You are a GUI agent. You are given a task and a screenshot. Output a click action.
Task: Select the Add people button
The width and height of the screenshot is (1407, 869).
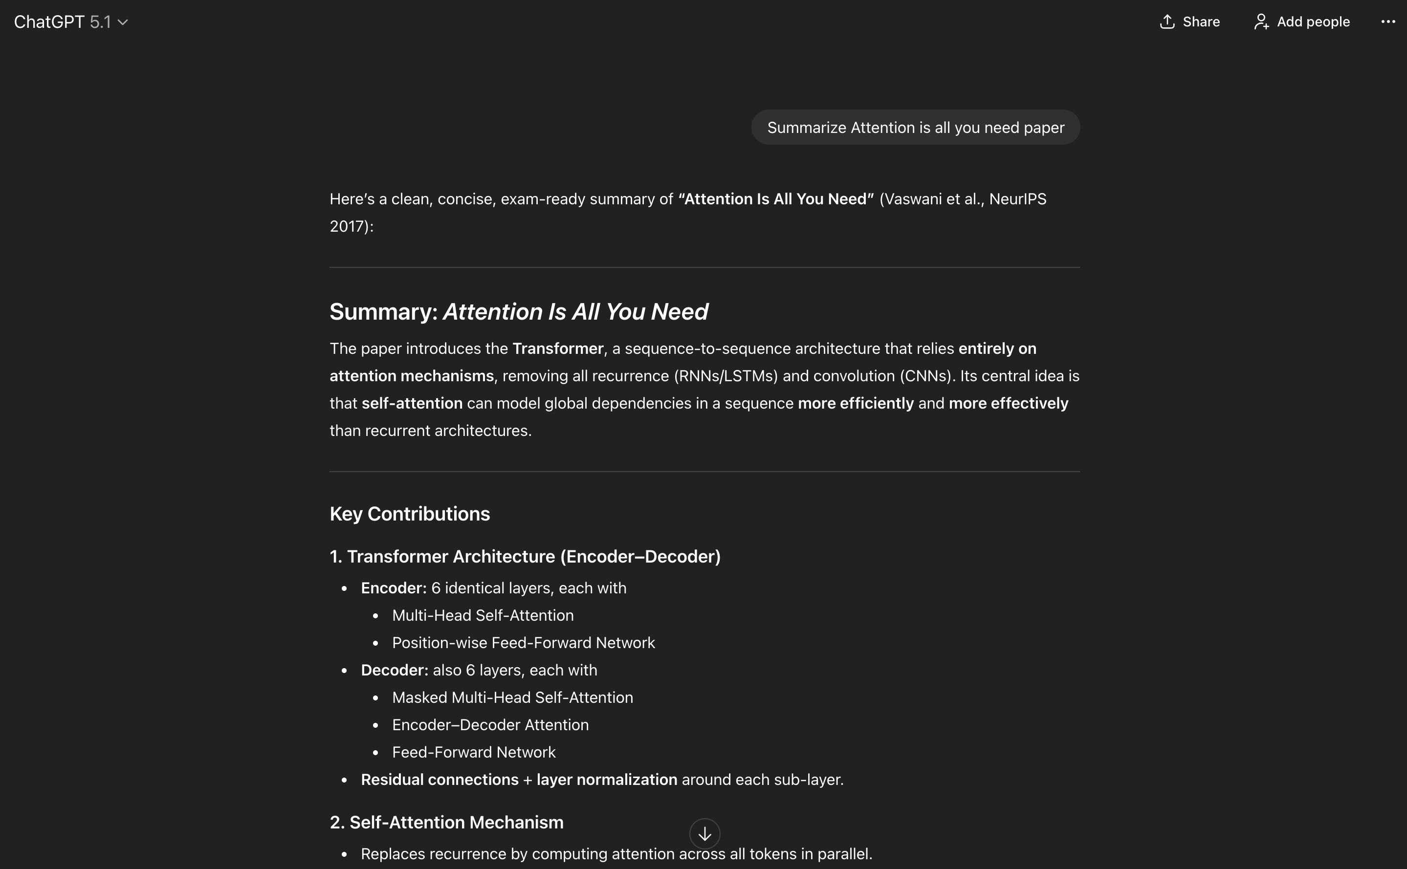(x=1301, y=22)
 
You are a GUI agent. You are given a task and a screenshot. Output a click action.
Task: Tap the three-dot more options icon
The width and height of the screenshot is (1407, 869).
(x=1387, y=22)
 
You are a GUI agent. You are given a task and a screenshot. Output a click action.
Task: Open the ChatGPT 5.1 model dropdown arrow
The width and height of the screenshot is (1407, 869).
(x=123, y=22)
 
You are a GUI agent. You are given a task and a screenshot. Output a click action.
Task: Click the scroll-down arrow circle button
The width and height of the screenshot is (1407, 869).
(x=704, y=833)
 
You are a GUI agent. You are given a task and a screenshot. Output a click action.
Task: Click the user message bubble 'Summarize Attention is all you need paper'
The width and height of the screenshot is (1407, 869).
(x=915, y=128)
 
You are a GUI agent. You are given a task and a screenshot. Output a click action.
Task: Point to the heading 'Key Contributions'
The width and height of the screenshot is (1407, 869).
(x=409, y=514)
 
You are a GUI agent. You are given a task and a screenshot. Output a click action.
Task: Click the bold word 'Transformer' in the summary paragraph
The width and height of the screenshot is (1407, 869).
(x=557, y=349)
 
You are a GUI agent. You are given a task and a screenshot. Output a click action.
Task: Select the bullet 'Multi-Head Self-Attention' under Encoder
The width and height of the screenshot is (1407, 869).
(x=483, y=615)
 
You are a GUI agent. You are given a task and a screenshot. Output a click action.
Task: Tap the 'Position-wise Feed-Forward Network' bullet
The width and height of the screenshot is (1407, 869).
(x=523, y=643)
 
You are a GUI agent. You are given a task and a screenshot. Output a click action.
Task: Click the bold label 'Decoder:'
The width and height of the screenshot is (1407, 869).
(x=394, y=670)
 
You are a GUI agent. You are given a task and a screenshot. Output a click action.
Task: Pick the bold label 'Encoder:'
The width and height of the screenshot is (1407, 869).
(x=393, y=588)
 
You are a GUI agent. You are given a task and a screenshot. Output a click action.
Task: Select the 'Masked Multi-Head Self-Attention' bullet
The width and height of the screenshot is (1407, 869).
(x=512, y=698)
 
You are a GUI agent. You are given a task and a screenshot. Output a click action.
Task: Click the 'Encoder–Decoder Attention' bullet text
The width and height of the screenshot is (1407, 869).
(x=490, y=725)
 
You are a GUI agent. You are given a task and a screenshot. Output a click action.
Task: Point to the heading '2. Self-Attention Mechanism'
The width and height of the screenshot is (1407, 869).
(x=446, y=823)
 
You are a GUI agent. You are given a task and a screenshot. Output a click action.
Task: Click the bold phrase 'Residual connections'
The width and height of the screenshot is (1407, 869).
(x=440, y=780)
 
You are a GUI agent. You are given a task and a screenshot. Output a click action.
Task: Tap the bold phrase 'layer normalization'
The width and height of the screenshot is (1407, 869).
(x=606, y=780)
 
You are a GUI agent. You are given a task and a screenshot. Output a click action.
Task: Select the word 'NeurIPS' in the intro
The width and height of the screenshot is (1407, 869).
(x=1017, y=199)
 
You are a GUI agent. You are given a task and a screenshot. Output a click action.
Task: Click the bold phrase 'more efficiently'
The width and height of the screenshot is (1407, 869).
(x=855, y=404)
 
